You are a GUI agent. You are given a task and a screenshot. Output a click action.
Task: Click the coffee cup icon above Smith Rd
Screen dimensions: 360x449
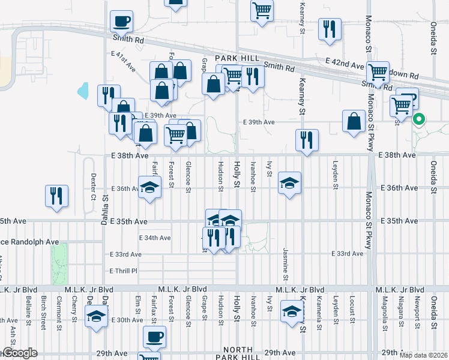(121, 21)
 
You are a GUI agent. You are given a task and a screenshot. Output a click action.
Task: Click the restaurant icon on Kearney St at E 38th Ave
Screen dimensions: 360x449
(307, 140)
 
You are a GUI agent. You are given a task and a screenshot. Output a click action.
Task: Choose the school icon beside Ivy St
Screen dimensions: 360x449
(289, 184)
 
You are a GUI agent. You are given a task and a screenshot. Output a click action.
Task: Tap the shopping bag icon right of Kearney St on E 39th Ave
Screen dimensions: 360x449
(354, 121)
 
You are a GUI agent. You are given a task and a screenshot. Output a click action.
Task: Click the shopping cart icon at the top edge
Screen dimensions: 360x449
(262, 10)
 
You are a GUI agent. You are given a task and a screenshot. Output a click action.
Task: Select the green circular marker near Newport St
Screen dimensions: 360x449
(419, 119)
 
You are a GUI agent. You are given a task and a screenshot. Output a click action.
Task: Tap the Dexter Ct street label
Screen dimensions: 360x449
(93, 186)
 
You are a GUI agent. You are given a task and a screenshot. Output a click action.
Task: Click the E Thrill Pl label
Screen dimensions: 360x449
(124, 271)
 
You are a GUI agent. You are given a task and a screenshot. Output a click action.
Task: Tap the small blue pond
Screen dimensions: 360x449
(83, 92)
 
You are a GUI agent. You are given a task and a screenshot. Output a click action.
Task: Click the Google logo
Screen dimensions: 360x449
(19, 353)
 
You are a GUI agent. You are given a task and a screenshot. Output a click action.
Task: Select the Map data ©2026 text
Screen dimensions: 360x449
(423, 355)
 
